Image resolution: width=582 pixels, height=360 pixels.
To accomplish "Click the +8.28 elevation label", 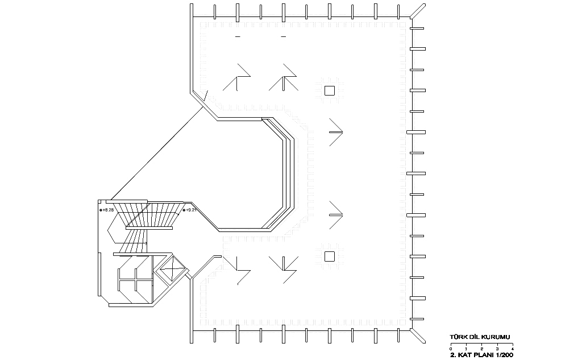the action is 108,210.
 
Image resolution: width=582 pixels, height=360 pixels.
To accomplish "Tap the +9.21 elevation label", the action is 191,210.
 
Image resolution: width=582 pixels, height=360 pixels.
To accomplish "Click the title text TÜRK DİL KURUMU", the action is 480,337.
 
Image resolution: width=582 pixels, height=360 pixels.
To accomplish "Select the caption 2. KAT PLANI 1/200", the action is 482,355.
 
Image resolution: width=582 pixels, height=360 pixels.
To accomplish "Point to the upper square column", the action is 330,90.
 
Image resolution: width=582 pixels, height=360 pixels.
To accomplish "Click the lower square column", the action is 330,256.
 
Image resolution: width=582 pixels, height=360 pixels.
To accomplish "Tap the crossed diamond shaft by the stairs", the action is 172,269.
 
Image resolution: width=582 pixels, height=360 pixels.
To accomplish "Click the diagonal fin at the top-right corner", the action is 418,11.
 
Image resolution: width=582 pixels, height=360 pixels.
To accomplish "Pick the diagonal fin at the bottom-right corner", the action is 418,336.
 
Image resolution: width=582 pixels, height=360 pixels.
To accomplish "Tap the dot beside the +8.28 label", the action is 101,210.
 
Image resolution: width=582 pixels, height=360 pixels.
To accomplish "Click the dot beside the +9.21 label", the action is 184,210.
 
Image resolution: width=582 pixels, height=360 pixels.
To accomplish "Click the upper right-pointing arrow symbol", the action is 336,132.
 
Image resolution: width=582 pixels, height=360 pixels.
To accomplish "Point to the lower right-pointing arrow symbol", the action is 336,215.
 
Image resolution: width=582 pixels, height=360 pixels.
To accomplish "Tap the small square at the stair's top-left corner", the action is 99,201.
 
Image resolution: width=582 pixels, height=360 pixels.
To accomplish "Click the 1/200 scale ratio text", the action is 505,355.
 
